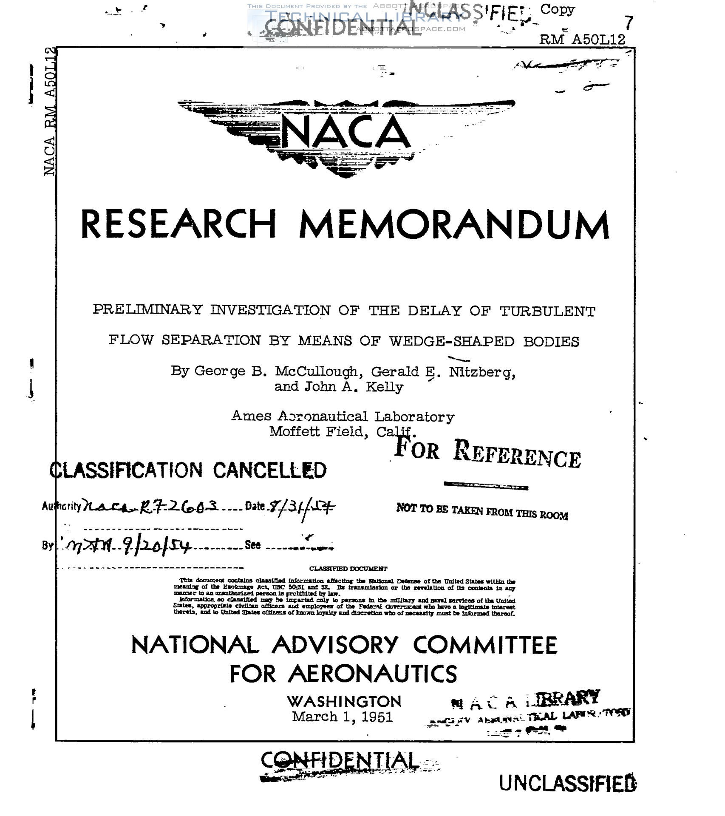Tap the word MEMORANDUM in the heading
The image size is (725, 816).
454,225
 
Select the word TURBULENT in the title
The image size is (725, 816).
547,312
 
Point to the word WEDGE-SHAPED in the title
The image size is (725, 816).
451,341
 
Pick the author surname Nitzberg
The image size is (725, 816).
482,372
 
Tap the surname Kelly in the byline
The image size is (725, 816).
385,387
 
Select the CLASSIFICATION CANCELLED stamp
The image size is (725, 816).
188,470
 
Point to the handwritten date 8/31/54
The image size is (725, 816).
300,506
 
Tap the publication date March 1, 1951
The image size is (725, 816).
342,717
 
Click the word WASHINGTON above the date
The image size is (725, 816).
344,702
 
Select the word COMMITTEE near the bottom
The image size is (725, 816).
485,646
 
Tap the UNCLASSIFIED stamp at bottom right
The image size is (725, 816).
567,783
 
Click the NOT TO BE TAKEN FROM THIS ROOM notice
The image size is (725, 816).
482,511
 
